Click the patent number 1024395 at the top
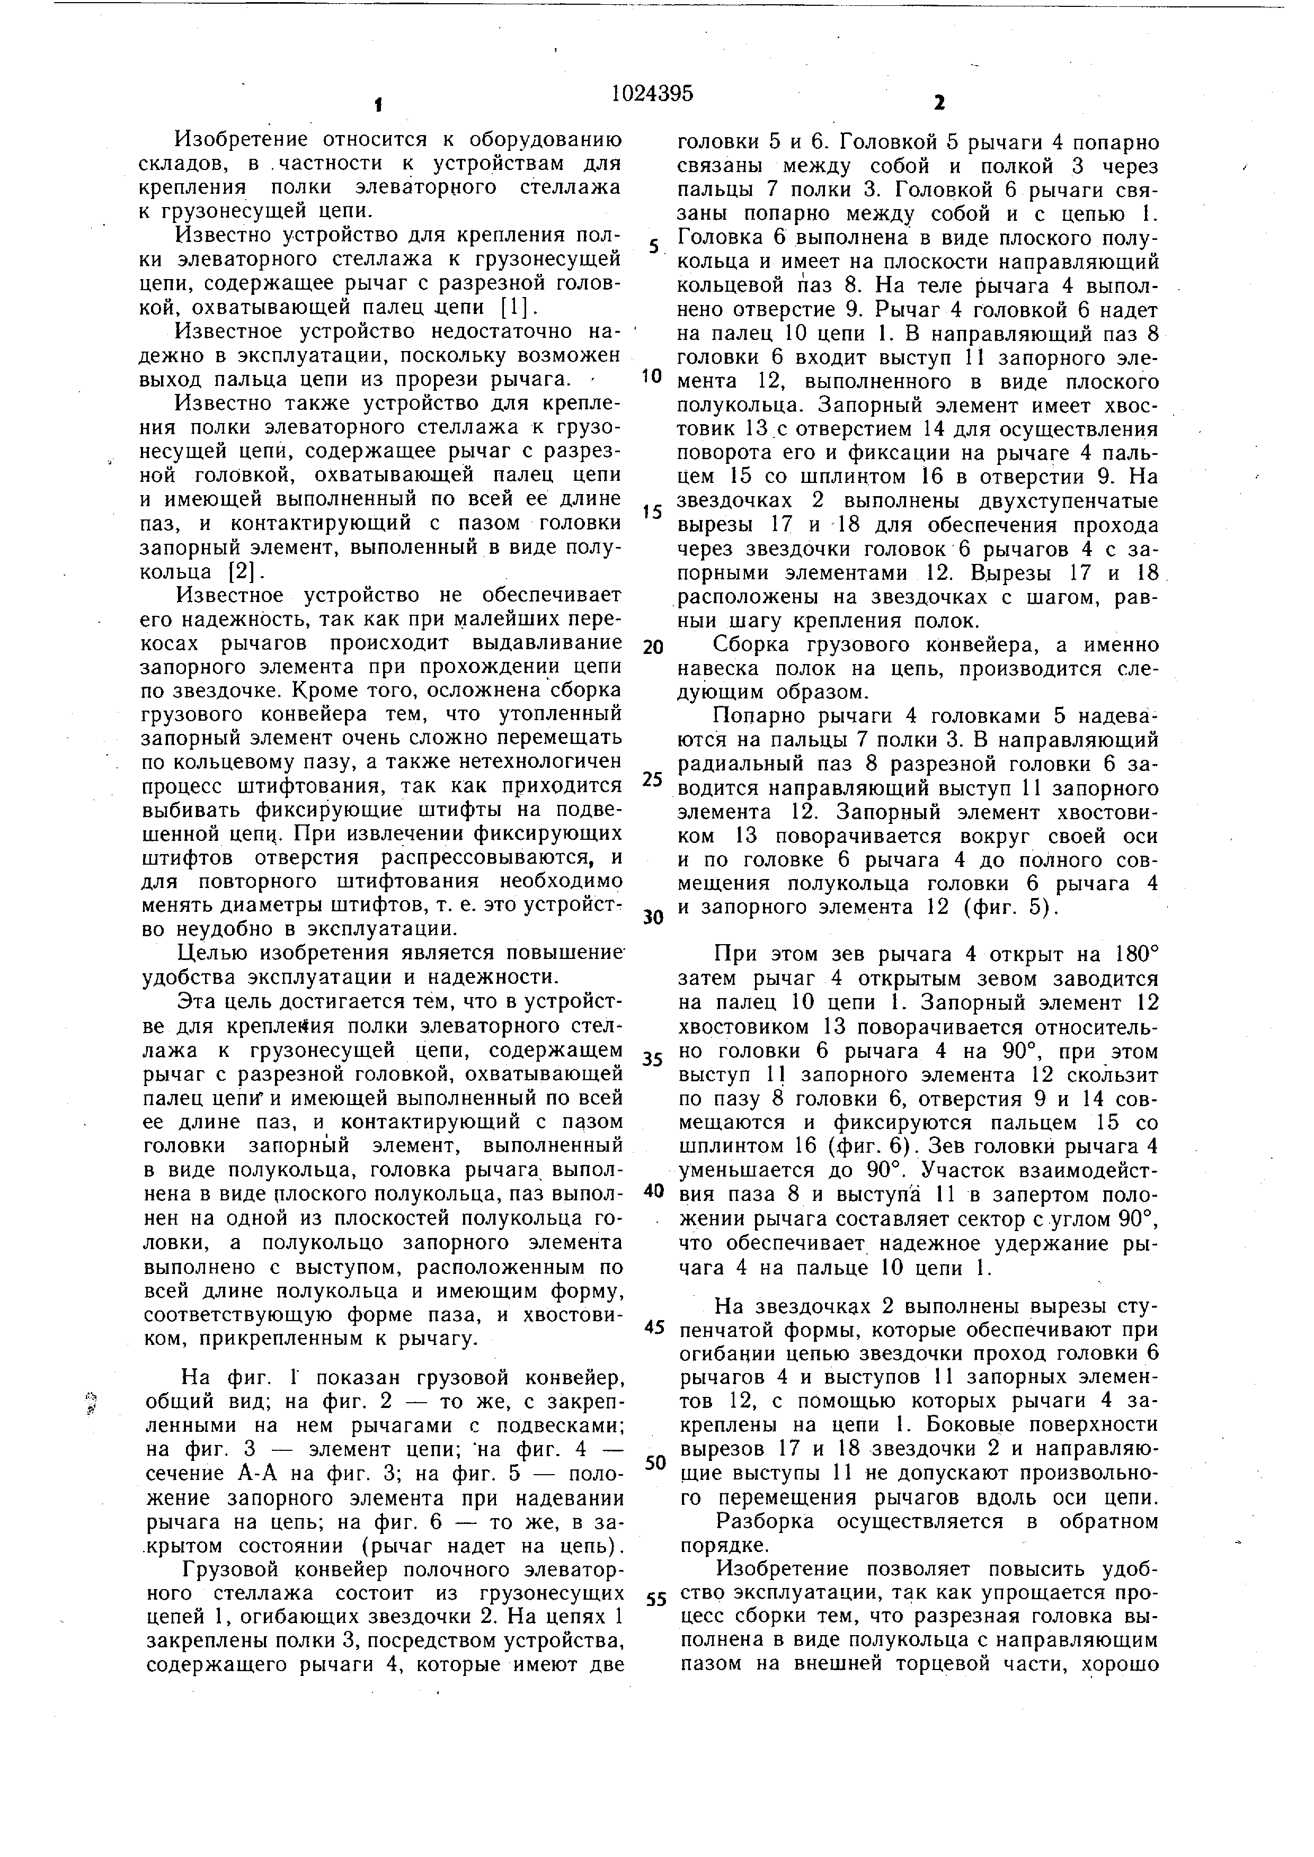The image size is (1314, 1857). click(652, 94)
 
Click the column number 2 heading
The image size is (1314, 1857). click(938, 103)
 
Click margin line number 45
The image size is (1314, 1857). click(654, 1327)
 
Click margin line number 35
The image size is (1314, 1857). click(652, 1058)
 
